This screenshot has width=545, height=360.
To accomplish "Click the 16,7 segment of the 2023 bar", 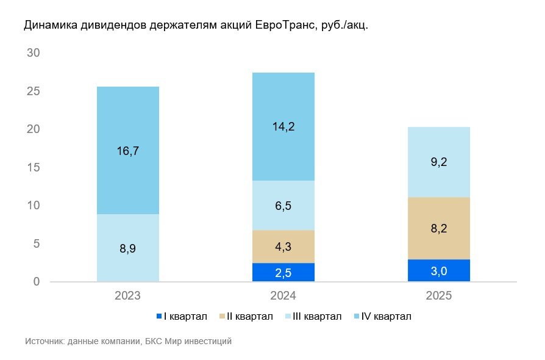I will tap(128, 150).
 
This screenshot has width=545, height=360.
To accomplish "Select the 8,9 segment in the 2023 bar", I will tap(128, 248).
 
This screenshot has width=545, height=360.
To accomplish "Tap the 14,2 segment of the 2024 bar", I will tap(283, 127).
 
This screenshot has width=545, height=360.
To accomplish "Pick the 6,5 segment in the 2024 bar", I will tap(283, 205).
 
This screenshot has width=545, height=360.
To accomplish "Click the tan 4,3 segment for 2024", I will tap(283, 247).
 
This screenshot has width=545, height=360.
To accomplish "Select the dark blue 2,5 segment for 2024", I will tap(283, 272).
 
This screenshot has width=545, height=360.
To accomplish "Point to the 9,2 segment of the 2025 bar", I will tap(439, 162).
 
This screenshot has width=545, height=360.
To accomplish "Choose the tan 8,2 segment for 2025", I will tap(439, 228).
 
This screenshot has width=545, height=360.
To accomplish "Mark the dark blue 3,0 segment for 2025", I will tap(439, 270).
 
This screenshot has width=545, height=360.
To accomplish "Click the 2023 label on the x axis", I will tap(128, 296).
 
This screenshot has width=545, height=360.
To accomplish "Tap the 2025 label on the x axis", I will tap(439, 296).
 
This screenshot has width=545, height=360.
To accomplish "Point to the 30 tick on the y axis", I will tap(34, 53).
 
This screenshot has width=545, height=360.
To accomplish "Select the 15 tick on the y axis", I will tap(34, 168).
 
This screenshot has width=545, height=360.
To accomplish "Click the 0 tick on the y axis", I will tap(37, 282).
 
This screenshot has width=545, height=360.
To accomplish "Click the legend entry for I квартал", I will tap(182, 316).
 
